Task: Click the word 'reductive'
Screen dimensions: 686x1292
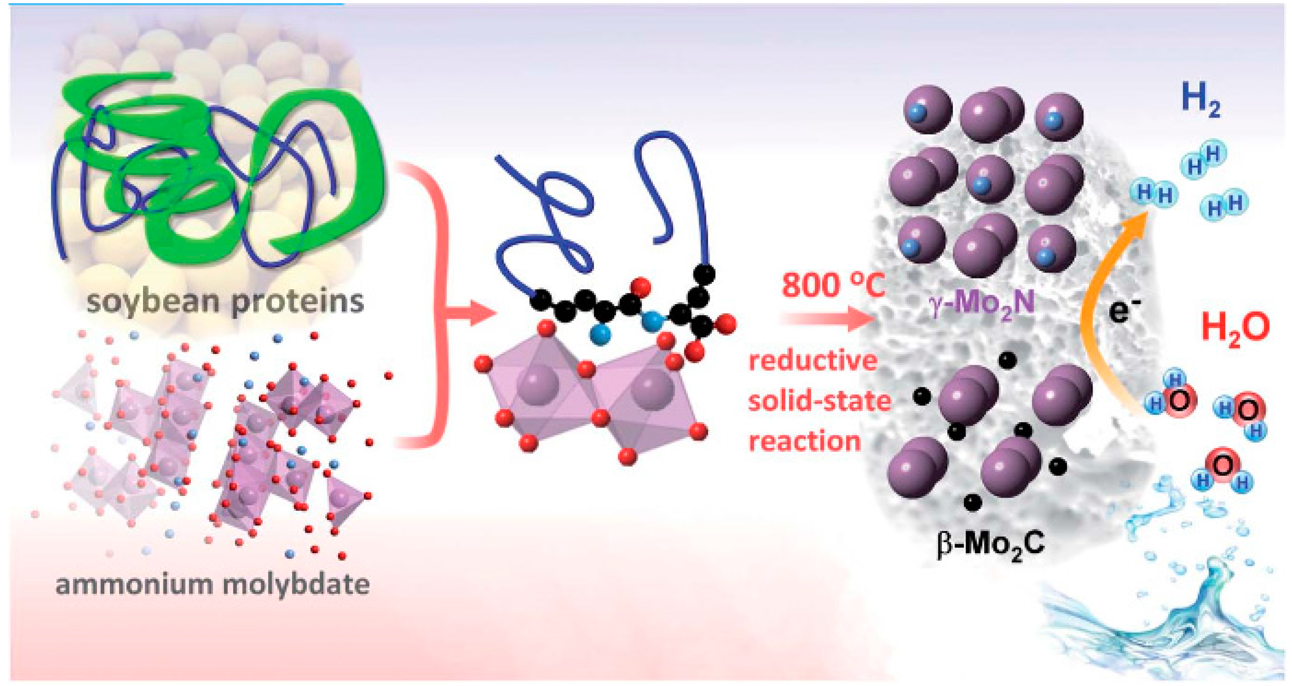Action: (x=813, y=361)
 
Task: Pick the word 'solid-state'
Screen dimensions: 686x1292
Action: (x=820, y=401)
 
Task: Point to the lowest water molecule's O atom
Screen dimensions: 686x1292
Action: (x=1223, y=465)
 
